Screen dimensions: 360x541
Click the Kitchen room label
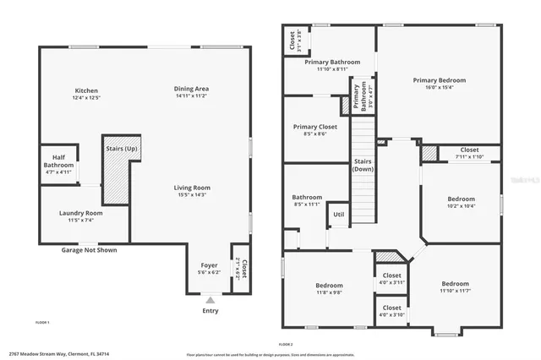tap(86, 90)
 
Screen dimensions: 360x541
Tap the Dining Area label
tap(191, 89)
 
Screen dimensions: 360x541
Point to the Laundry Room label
tap(81, 213)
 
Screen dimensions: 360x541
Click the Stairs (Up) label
tap(120, 149)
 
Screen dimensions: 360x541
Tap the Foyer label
tap(208, 265)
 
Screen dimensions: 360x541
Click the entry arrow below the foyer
tap(210, 299)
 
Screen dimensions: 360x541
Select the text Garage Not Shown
tap(89, 250)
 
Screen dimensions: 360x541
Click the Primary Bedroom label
tap(439, 80)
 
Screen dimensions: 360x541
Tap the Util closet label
tap(338, 215)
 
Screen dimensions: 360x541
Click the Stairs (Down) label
tap(363, 164)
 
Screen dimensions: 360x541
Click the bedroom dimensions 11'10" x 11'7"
tap(455, 291)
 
